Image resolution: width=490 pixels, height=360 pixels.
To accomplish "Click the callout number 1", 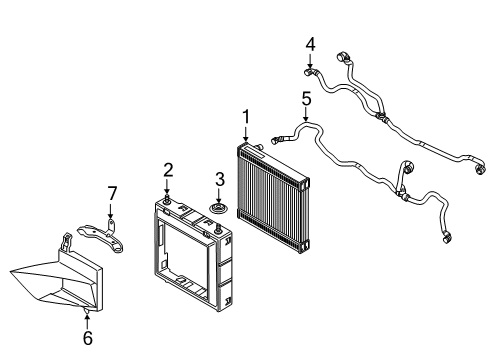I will click(245, 119).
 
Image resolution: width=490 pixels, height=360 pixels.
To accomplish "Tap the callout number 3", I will click(216, 180).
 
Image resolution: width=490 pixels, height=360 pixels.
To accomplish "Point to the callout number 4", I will click(310, 44).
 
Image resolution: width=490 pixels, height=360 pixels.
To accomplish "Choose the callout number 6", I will click(87, 339).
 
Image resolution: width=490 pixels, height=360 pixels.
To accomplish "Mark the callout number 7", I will click(113, 191).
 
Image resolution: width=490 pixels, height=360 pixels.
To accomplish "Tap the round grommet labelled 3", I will click(217, 209).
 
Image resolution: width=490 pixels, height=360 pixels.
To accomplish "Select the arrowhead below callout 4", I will click(310, 65).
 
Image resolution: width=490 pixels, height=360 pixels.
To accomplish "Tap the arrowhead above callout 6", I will click(87, 318).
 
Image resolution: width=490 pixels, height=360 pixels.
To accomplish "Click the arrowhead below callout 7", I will click(113, 216).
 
